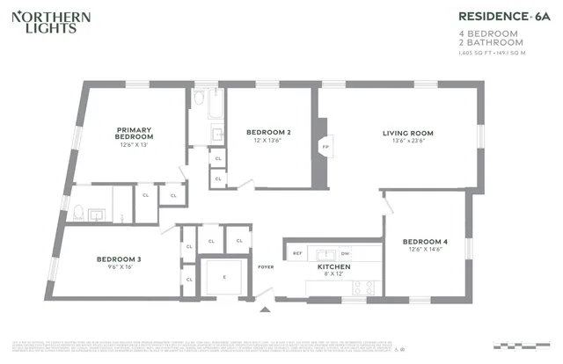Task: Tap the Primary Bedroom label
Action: pyautogui.click(x=135, y=133)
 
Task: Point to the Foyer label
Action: pyautogui.click(x=266, y=266)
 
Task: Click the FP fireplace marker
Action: pyautogui.click(x=325, y=146)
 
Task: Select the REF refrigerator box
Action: pyautogui.click(x=297, y=252)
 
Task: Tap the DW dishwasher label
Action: pyautogui.click(x=345, y=252)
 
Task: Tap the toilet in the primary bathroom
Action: pyautogui.click(x=78, y=212)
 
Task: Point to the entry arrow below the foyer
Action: pyautogui.click(x=266, y=309)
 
